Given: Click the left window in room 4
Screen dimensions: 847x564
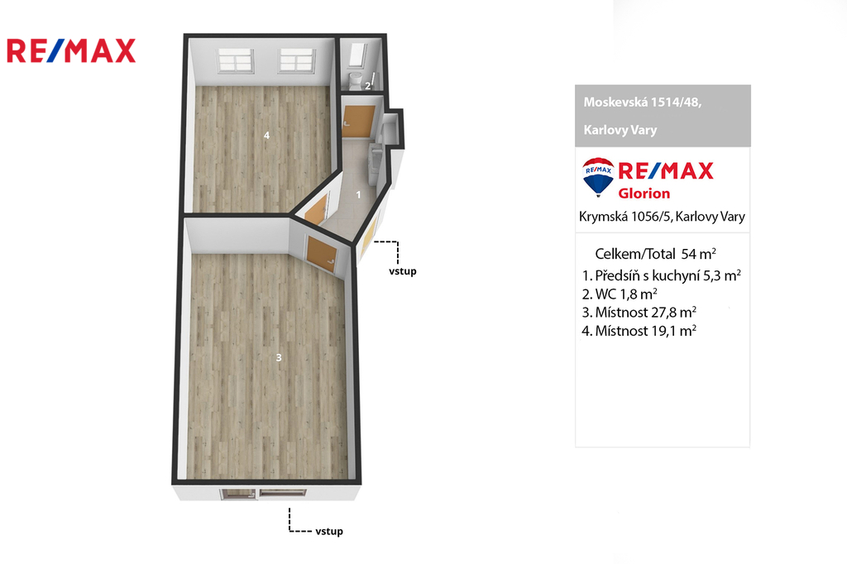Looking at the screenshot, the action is click(236, 60).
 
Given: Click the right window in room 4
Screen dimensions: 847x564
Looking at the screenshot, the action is click(297, 60).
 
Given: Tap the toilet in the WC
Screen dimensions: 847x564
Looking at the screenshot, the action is click(355, 80).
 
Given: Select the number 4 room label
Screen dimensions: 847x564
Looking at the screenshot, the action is click(266, 136).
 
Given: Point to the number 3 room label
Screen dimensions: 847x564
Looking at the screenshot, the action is click(279, 357).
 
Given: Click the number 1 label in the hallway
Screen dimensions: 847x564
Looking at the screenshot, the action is click(358, 194).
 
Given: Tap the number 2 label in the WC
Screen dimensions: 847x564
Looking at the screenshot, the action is click(368, 86).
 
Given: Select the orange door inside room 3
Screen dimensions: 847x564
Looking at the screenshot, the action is click(322, 254).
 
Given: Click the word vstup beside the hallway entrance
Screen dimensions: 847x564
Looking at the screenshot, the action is click(403, 271).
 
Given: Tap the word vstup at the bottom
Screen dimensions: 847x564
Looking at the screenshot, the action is click(329, 531).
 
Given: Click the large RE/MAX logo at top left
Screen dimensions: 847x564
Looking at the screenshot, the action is click(71, 50).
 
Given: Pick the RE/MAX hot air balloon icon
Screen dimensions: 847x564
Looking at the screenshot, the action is click(598, 177).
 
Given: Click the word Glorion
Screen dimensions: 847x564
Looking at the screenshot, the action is click(644, 193).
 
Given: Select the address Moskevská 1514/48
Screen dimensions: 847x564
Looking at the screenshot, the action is click(642, 102).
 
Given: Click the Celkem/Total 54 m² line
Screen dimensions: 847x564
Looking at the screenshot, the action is click(655, 253).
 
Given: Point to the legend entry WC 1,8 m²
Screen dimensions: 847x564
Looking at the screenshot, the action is click(620, 294).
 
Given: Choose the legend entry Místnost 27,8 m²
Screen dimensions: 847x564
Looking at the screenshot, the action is click(639, 313).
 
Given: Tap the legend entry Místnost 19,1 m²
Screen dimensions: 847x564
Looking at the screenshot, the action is click(639, 331).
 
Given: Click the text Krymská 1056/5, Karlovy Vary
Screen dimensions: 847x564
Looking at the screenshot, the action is click(662, 217).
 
